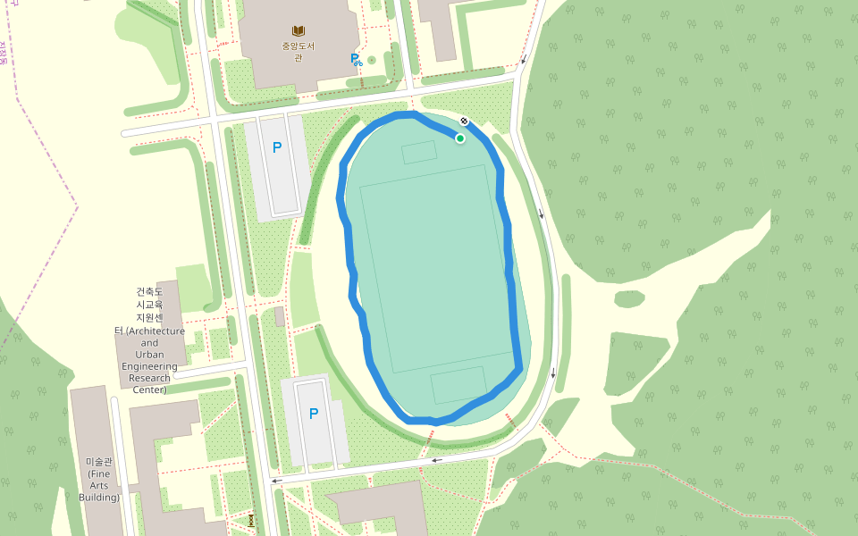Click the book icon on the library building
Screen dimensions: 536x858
pyautogui.click(x=299, y=31)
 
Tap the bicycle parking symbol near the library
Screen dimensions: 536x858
pyautogui.click(x=357, y=60)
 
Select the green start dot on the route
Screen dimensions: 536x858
pyautogui.click(x=460, y=138)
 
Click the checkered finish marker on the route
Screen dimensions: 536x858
pyautogui.click(x=464, y=121)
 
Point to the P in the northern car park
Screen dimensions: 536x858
pyautogui.click(x=277, y=147)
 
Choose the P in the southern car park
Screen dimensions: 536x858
pyautogui.click(x=314, y=414)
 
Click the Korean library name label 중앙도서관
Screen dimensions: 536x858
pyautogui.click(x=299, y=52)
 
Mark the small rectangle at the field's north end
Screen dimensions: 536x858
pyautogui.click(x=419, y=153)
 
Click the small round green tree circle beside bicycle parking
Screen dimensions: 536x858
pyautogui.click(x=372, y=60)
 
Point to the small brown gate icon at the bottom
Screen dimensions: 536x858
pyautogui.click(x=252, y=519)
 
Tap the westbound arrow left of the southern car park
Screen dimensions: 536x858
pyautogui.click(x=278, y=480)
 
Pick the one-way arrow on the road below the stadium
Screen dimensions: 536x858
pyautogui.click(x=437, y=460)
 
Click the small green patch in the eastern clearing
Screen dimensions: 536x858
pyautogui.click(x=629, y=298)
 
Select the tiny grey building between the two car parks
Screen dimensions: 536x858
pyautogui.click(x=280, y=316)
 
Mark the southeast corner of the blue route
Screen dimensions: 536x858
pyautogui.click(x=519, y=366)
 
